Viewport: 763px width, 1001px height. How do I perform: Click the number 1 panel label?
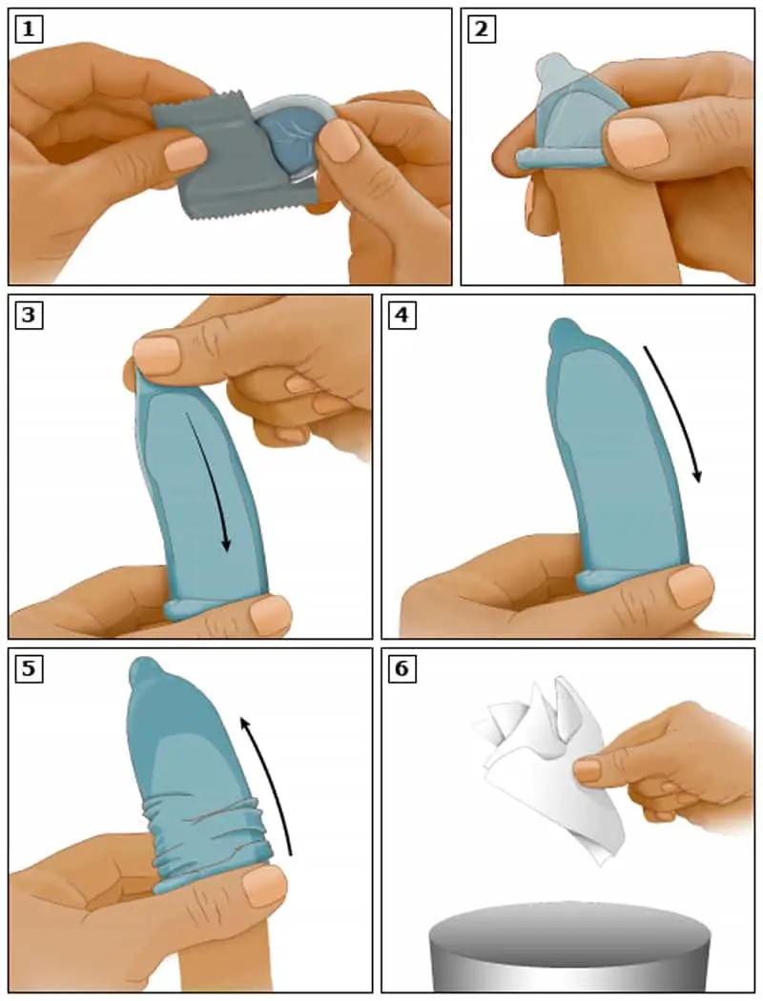click(28, 30)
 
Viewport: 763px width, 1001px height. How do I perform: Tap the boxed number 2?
click(482, 30)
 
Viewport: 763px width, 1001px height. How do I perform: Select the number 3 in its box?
click(28, 316)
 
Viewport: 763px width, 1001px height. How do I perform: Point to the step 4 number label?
click(402, 316)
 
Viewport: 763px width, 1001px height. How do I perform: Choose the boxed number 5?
click(28, 668)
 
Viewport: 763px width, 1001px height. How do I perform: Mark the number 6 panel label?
click(402, 668)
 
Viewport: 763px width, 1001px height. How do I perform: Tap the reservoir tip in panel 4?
click(566, 331)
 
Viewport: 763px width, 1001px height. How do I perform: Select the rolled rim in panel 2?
click(555, 159)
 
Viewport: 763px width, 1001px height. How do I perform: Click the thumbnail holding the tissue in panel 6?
click(588, 770)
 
